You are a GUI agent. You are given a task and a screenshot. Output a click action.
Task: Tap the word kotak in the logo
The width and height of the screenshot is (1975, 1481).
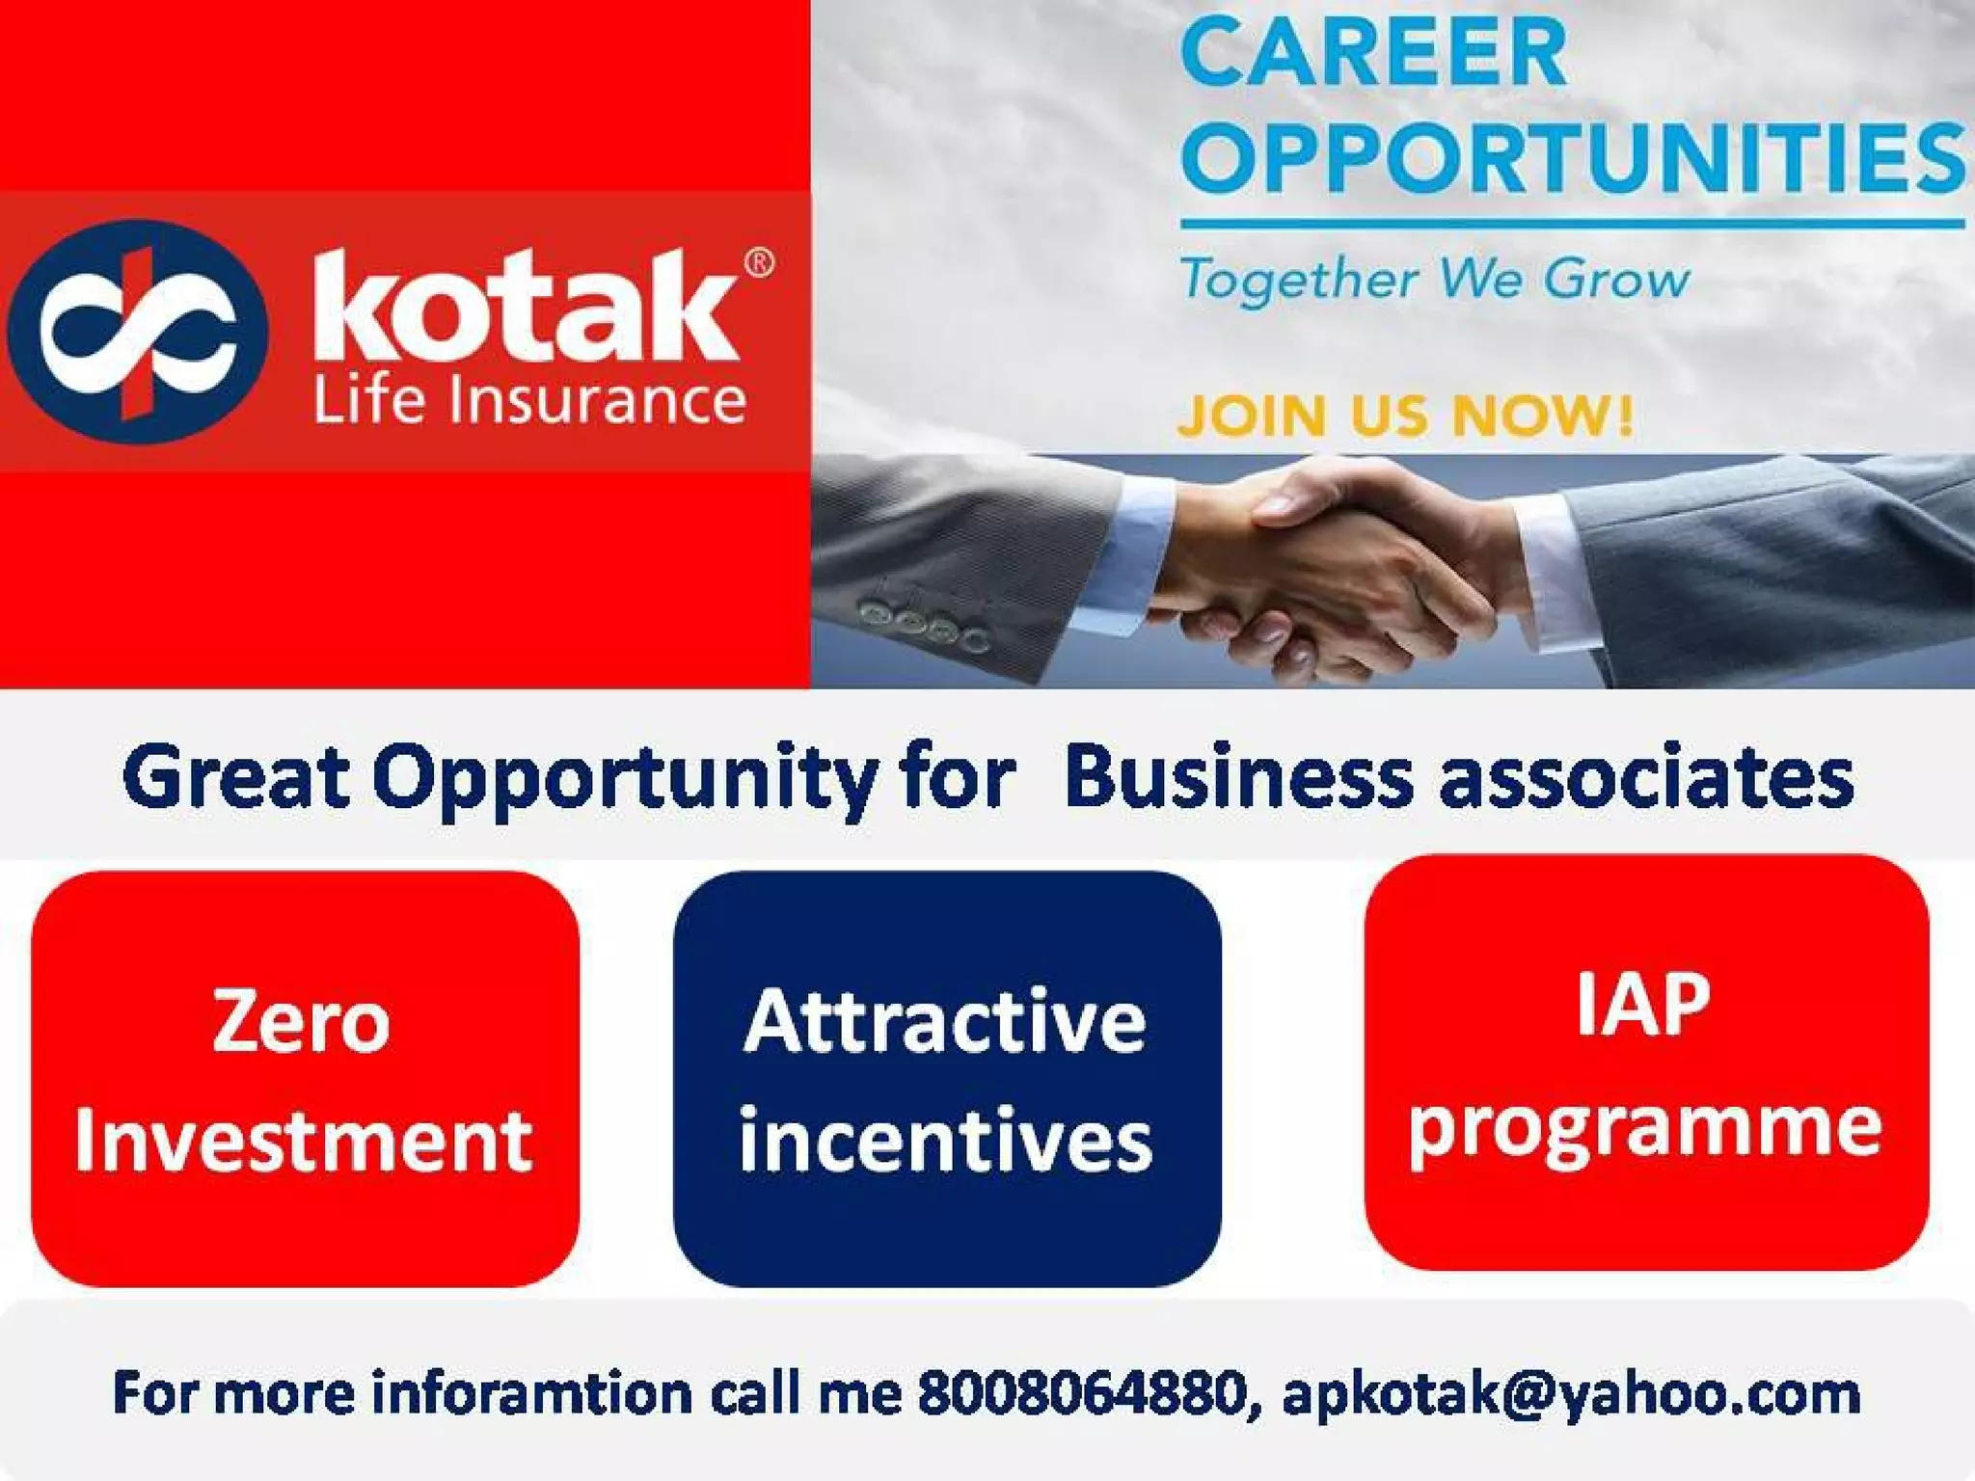(x=527, y=307)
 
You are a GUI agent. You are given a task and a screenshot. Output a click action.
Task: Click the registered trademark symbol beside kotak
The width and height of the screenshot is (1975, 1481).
(x=759, y=262)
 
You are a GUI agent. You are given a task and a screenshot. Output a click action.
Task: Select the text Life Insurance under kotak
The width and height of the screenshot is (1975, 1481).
(x=529, y=400)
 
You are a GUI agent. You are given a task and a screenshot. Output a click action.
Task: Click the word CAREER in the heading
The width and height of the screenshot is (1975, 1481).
(x=1373, y=54)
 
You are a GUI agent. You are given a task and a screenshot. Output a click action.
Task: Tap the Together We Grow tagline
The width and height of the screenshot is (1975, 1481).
(x=1435, y=280)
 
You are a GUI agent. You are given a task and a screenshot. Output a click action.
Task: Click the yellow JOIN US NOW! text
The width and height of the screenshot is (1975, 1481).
(x=1405, y=416)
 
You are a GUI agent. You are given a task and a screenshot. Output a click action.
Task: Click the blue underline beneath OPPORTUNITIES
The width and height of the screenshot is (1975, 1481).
(x=1573, y=224)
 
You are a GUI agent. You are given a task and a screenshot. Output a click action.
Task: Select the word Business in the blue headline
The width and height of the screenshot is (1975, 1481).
(x=1238, y=777)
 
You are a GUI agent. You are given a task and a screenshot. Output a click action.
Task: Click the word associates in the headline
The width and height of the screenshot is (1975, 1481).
(x=1647, y=779)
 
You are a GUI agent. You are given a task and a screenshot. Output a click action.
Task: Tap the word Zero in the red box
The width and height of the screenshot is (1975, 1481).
(x=301, y=1022)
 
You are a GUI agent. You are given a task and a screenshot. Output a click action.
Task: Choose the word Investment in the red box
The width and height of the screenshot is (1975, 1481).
(x=303, y=1142)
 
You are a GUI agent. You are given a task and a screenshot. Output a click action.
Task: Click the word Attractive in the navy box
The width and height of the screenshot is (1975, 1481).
(x=945, y=1022)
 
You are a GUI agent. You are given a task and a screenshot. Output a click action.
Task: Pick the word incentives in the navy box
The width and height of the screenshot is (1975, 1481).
(x=945, y=1142)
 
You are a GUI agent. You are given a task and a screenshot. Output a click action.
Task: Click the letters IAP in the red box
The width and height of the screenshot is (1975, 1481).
(x=1643, y=1005)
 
